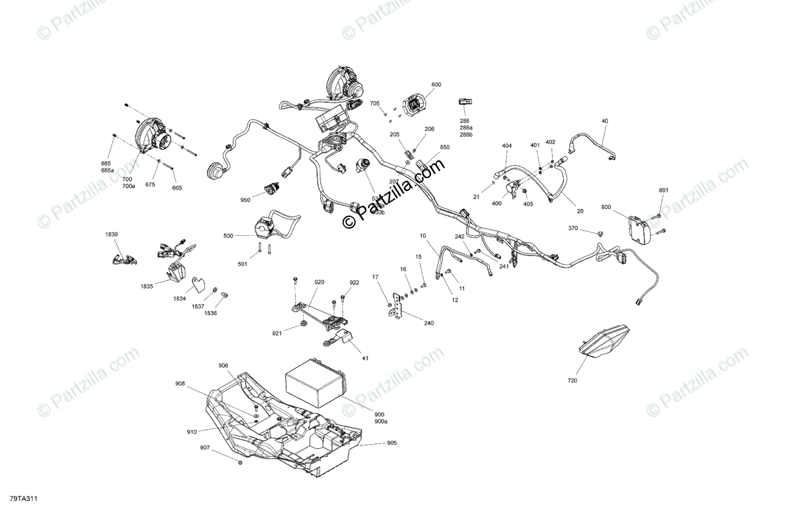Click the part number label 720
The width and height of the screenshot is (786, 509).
tap(573, 379)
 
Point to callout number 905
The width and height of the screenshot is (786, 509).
tap(392, 443)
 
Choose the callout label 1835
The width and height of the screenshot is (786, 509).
tap(146, 286)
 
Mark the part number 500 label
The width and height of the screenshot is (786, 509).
tap(228, 235)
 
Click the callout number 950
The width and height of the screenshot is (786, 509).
tap(246, 200)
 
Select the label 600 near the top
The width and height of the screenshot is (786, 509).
tap(436, 85)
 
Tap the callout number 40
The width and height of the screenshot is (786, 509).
tap(605, 121)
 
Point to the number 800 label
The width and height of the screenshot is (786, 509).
tap(606, 208)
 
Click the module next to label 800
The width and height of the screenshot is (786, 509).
tap(639, 227)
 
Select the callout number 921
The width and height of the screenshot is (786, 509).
tap(277, 333)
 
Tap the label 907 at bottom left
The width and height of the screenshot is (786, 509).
tap(206, 448)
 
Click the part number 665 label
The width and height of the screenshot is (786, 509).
tap(177, 188)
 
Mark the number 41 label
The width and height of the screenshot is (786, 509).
tap(365, 358)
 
